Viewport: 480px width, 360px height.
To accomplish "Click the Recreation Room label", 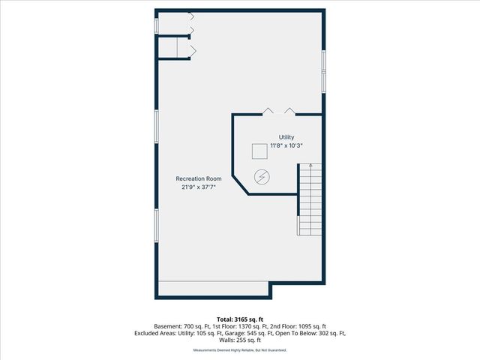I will [199, 178].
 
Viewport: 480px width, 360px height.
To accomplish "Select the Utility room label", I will [286, 136].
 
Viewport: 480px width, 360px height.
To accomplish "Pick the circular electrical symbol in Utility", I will [263, 178].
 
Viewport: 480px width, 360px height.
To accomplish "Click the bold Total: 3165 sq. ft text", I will [240, 319].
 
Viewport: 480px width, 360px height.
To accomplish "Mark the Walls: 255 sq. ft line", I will [240, 340].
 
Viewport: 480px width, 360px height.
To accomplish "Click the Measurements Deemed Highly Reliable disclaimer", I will [240, 350].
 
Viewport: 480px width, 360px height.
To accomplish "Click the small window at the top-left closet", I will [156, 25].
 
